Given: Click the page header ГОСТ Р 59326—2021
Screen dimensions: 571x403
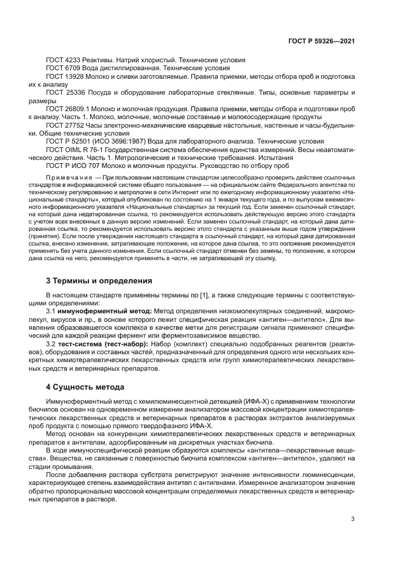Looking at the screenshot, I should (321, 41).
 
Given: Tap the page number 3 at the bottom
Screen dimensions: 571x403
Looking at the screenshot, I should (353, 520).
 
